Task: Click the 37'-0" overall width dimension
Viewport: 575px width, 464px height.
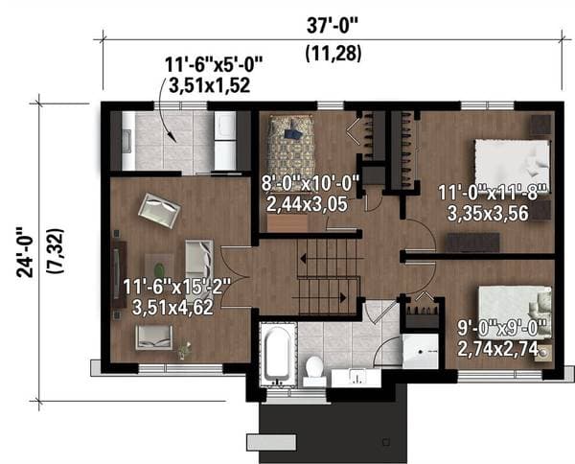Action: pos(333,26)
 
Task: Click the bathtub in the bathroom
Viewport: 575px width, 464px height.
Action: pos(278,355)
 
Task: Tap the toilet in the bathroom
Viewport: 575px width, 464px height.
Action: pos(314,371)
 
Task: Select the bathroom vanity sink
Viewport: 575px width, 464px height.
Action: pos(356,378)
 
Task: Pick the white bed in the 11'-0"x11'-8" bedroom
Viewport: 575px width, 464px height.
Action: pos(513,165)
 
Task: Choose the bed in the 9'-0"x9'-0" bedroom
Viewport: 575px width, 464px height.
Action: pos(515,313)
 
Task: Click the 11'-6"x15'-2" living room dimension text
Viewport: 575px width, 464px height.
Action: pos(177,287)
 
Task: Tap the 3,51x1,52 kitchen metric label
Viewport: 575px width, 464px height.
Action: pos(209,85)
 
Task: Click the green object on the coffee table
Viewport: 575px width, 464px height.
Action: pos(159,270)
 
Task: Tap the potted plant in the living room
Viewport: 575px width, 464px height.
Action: pos(184,350)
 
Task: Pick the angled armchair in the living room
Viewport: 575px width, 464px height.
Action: pos(159,210)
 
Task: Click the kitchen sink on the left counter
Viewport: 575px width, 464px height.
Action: pos(126,141)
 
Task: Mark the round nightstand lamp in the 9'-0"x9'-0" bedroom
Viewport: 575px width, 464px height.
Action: pos(543,353)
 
